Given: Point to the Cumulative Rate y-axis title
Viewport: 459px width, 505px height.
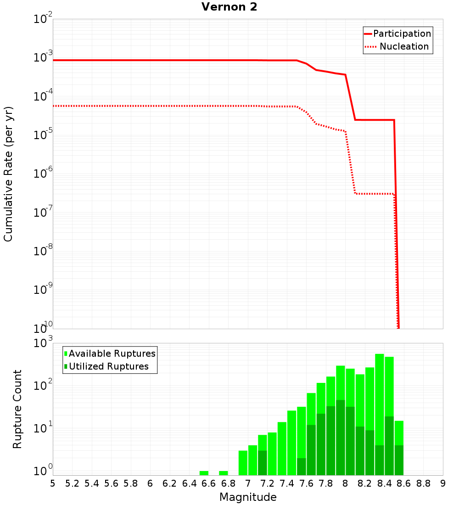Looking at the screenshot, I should point(8,174).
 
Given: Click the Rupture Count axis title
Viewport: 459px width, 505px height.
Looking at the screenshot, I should point(17,409).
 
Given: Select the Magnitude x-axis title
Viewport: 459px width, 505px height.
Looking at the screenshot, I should point(248,497).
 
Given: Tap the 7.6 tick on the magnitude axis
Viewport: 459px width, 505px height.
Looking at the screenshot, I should point(306,483).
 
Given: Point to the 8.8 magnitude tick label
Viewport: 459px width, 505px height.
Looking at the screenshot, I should point(423,483).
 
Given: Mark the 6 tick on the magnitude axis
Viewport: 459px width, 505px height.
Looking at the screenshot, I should point(150,483).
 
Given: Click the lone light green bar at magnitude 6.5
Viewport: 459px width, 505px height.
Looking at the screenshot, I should point(204,473).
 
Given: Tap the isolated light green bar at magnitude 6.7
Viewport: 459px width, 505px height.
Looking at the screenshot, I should point(224,473).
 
